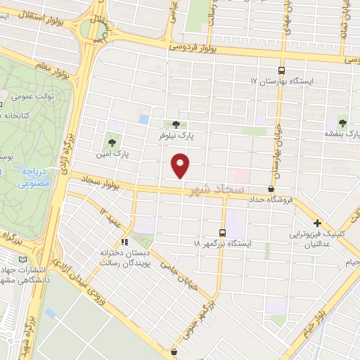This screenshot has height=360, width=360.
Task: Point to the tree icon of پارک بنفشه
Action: click(x=342, y=122)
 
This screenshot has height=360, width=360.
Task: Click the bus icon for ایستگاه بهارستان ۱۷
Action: click(x=281, y=70)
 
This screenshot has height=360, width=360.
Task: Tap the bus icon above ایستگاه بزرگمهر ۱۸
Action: click(x=223, y=233)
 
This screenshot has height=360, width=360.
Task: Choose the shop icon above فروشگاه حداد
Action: click(x=271, y=188)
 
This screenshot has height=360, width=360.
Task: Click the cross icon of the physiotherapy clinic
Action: click(x=318, y=222)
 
